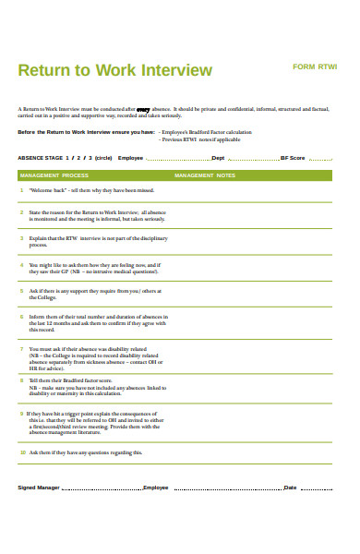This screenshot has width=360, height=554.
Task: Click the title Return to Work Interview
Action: coord(115,70)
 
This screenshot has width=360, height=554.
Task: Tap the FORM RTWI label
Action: coord(315,67)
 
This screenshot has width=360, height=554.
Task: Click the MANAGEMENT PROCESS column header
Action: coord(54,175)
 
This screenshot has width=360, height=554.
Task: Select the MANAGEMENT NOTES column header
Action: coord(205,175)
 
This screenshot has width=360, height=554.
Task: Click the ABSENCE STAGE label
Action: coord(42,158)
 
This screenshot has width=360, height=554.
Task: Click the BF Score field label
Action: coord(292,158)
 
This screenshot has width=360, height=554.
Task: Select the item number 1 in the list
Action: coord(22,190)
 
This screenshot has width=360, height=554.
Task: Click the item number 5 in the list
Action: coord(22,290)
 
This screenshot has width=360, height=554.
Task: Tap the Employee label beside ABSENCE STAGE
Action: coord(131,158)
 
